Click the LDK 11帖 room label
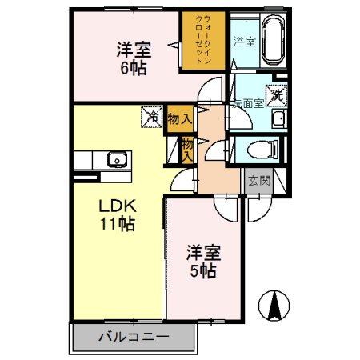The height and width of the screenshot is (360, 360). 116,213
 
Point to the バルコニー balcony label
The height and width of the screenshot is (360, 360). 134,337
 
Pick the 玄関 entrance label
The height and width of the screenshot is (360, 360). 258,181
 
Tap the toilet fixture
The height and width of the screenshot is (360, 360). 262,149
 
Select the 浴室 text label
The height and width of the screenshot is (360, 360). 244,42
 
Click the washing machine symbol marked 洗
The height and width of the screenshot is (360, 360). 277,95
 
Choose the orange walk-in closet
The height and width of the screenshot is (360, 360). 203,40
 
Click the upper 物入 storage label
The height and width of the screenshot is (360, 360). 179,119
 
